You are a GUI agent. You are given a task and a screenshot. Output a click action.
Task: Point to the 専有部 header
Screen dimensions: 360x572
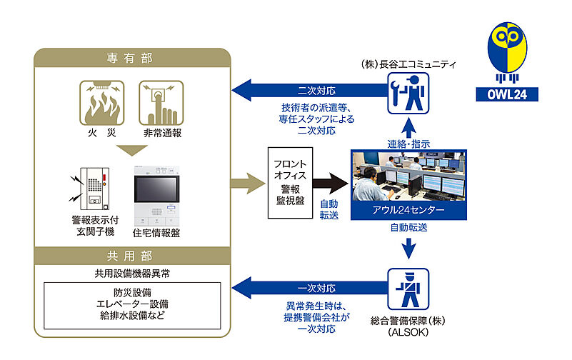click(129, 58)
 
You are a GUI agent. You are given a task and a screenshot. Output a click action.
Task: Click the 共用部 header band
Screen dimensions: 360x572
click(129, 255)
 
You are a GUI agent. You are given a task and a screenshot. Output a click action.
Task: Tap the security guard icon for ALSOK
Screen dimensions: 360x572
click(408, 289)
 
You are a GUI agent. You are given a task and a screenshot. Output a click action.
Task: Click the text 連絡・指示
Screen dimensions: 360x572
click(408, 143)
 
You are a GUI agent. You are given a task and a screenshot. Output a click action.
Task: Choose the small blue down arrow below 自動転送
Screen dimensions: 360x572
click(408, 249)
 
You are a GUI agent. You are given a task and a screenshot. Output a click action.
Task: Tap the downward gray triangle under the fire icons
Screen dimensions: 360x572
click(129, 151)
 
